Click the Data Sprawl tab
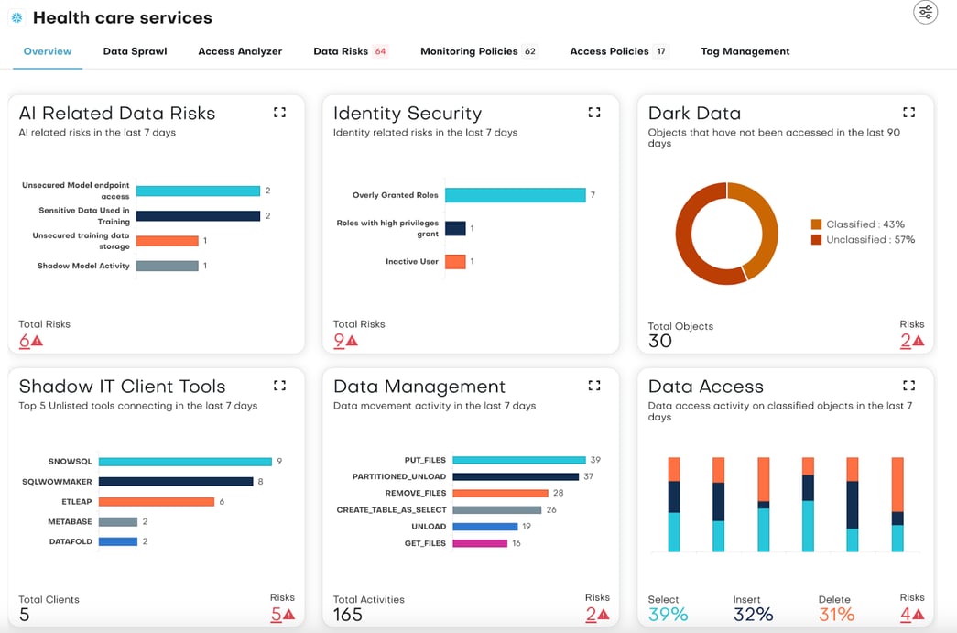tap(135, 51)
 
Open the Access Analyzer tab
tap(240, 51)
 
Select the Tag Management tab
tap(745, 51)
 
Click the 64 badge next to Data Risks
tap(380, 51)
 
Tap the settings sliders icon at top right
tap(926, 12)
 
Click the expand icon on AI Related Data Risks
tap(280, 113)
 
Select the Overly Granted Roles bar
tap(515, 195)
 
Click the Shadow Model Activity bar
tap(167, 266)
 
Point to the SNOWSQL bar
tap(185, 462)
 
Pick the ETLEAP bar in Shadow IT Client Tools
tap(156, 502)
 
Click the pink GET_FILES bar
tap(479, 543)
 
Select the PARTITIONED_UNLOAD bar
tap(515, 476)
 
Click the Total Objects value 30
tap(659, 342)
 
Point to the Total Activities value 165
tap(349, 615)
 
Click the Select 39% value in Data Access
tap(668, 615)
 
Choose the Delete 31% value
tap(836, 615)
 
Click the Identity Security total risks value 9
tap(339, 341)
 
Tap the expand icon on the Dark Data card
tap(908, 113)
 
